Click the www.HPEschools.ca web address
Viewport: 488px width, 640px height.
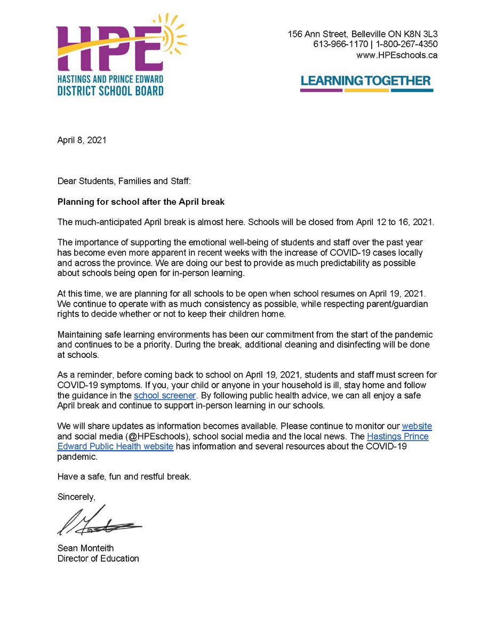point(397,55)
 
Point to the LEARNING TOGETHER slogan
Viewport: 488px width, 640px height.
point(365,81)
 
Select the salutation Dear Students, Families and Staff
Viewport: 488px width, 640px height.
point(124,181)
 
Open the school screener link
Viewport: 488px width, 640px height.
point(165,395)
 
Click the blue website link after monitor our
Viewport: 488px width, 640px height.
point(417,426)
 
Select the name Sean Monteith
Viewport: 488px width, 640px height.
point(86,548)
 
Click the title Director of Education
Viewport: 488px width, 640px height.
point(98,558)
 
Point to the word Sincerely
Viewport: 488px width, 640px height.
point(76,497)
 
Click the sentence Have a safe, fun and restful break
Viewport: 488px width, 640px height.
point(124,476)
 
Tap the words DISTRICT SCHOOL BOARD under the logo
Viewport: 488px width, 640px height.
point(110,91)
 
